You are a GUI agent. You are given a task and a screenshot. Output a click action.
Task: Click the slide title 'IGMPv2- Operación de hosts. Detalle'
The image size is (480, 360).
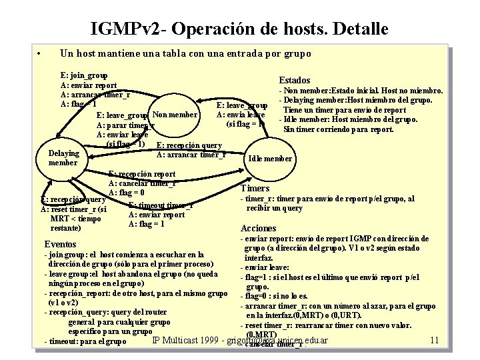coord(239,29)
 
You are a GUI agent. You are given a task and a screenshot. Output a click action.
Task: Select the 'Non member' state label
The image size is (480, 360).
coord(175,115)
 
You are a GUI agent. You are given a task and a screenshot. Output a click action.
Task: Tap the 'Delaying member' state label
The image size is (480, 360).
coord(64,158)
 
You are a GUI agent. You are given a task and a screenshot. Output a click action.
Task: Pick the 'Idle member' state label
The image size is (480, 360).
coord(269,159)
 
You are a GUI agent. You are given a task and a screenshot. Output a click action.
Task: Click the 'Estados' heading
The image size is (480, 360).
coord(294,80)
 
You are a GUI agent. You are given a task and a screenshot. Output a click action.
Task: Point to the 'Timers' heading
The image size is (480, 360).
coord(255,189)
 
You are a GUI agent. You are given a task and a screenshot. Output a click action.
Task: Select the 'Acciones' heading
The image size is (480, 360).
coord(259,228)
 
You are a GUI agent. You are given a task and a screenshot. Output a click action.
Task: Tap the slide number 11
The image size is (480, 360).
coord(434,341)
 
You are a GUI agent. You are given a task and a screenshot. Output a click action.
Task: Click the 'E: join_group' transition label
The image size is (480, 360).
coord(84,76)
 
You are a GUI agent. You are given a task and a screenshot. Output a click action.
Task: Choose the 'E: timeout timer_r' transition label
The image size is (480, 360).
coord(161,205)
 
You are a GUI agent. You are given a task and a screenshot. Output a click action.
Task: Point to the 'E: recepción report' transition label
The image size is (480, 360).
coord(142,175)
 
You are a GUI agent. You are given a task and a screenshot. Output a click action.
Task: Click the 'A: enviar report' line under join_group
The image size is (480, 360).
coord(89,85)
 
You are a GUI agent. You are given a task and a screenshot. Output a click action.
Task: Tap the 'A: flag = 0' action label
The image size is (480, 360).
coord(136,193)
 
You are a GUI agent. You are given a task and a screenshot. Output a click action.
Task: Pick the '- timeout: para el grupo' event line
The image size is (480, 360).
coord(85,341)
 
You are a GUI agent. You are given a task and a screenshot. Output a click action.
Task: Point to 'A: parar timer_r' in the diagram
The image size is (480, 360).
coord(125,125)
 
